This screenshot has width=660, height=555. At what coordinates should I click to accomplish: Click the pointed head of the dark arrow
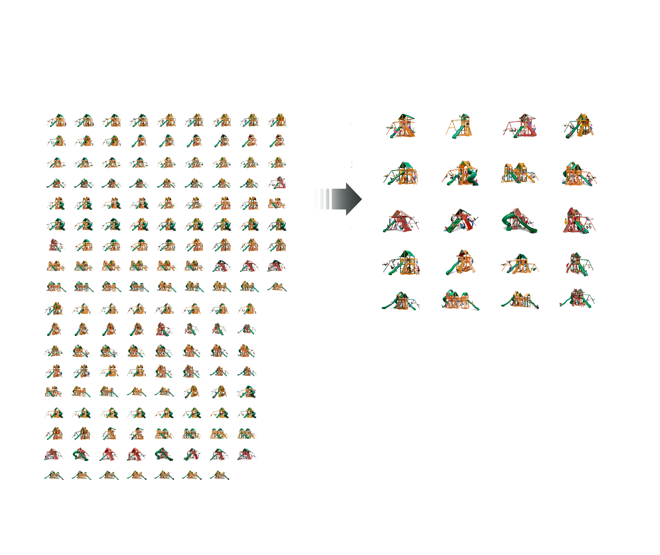[x=357, y=199]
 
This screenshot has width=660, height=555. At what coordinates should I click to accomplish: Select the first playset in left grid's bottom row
[x=54, y=475]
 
